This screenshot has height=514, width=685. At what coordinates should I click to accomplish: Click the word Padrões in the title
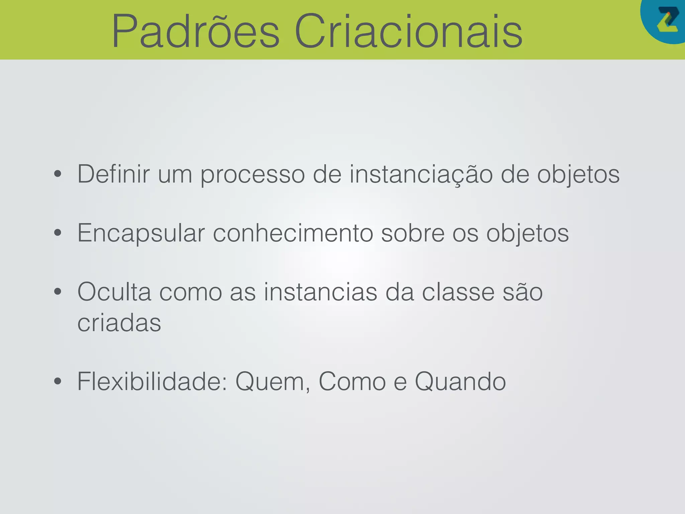click(x=196, y=32)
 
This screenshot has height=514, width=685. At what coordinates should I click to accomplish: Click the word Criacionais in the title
click(x=408, y=32)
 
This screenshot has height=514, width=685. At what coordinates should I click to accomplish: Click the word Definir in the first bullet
click(x=113, y=174)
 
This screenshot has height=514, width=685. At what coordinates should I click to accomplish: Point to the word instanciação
click(x=421, y=175)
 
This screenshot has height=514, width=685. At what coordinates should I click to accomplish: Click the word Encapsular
click(x=141, y=234)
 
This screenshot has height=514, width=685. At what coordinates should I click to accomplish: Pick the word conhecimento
click(x=293, y=233)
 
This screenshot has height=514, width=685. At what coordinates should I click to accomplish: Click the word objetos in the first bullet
click(x=578, y=175)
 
